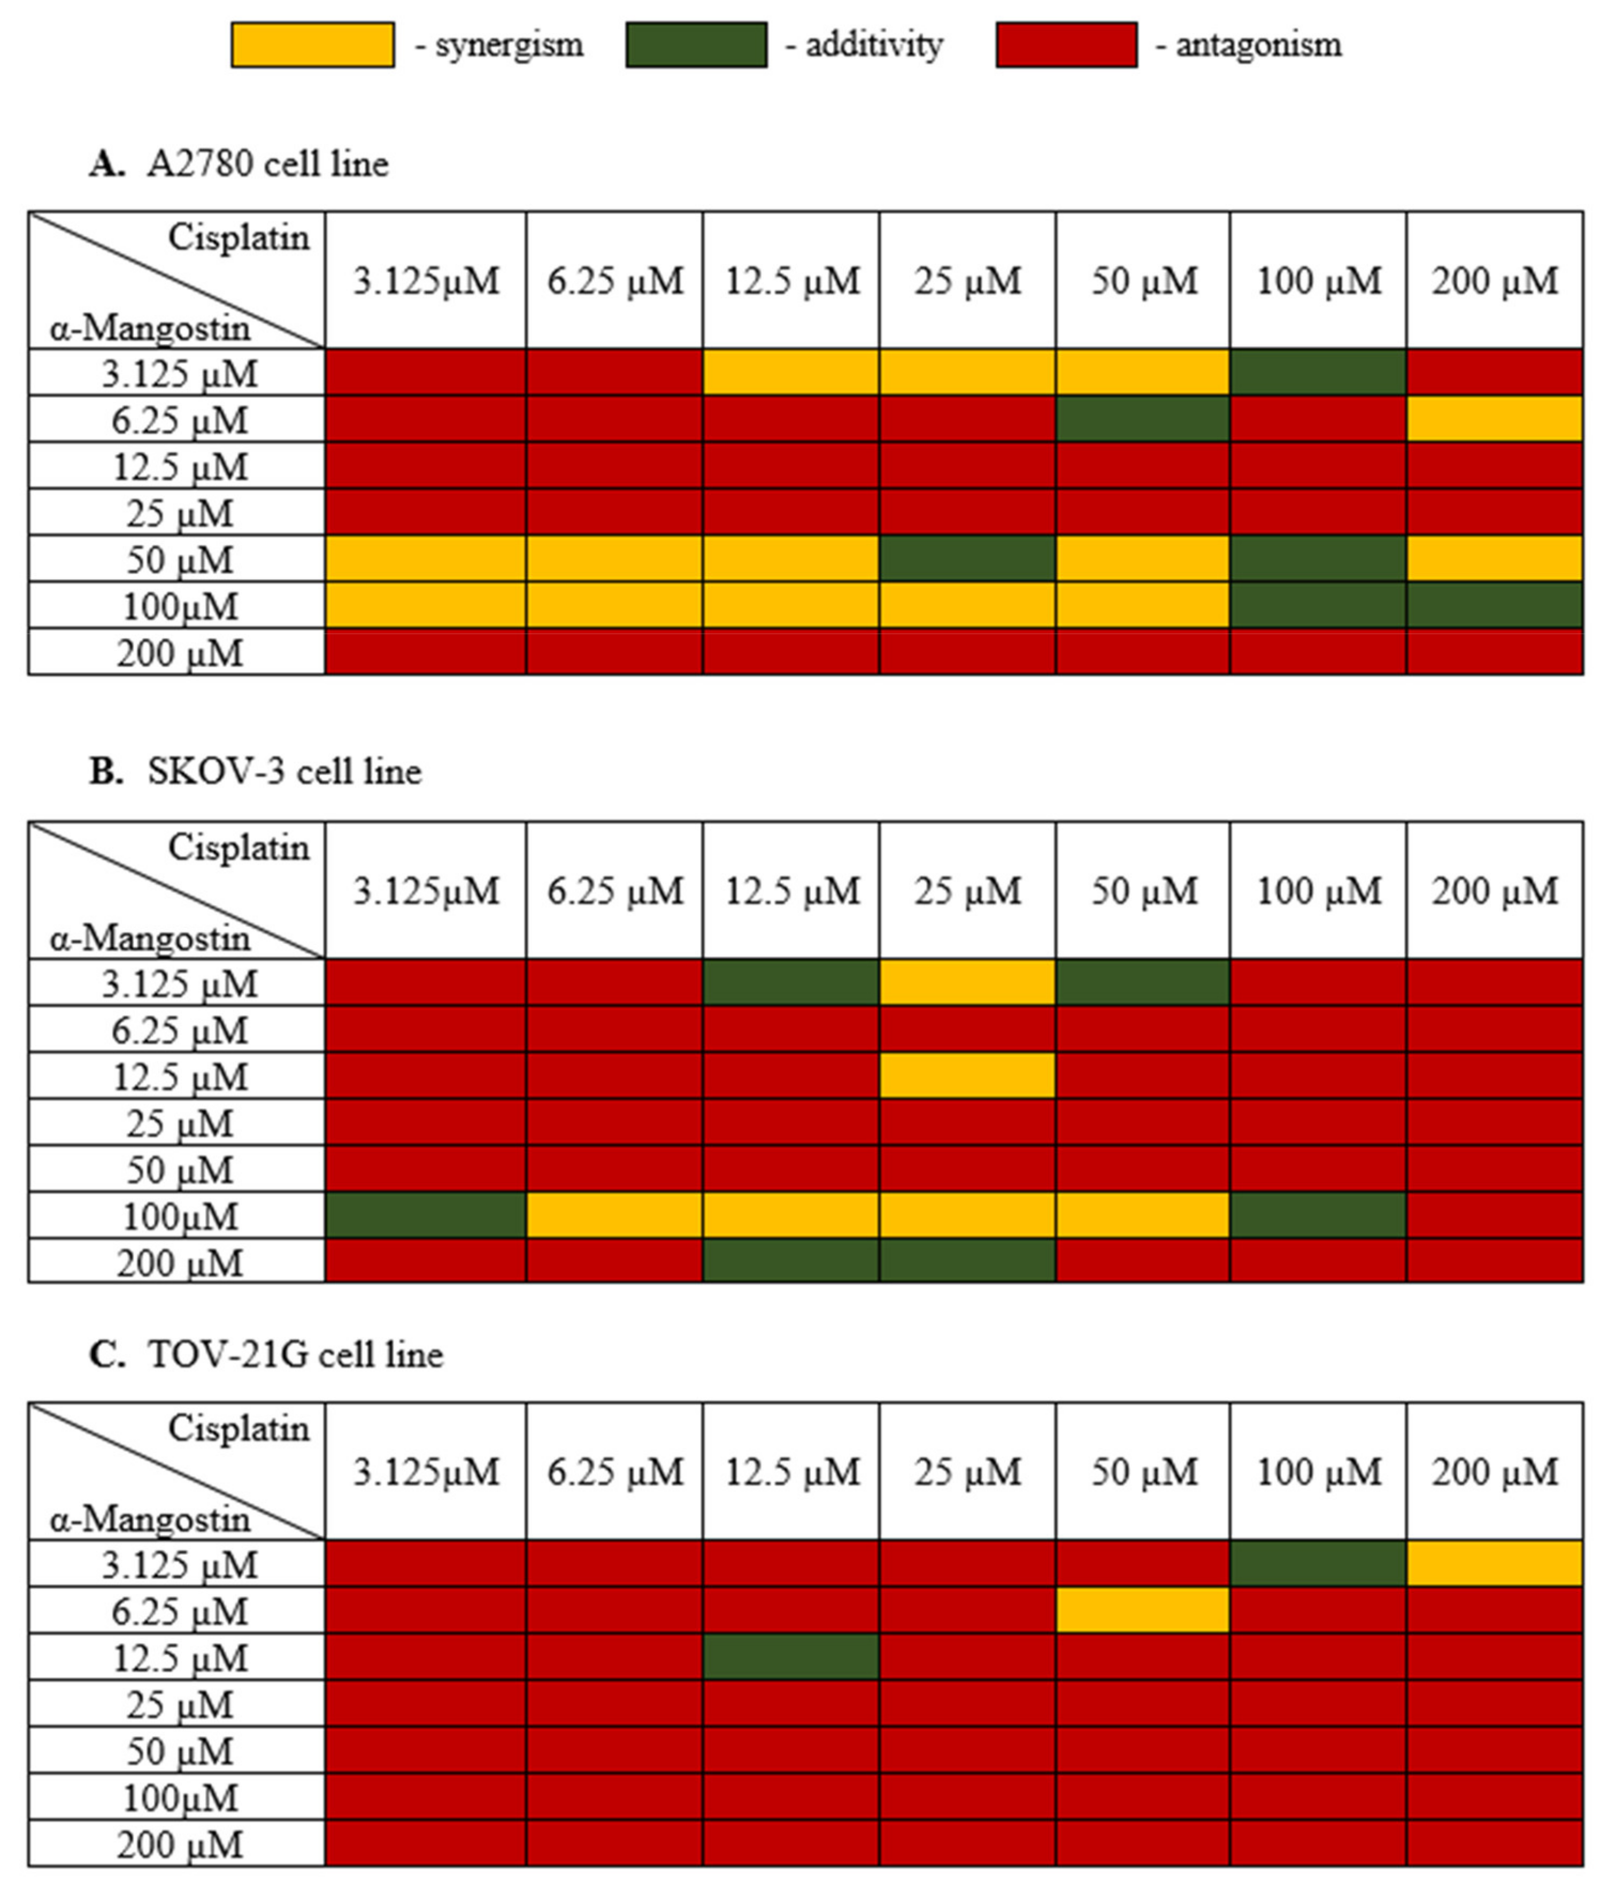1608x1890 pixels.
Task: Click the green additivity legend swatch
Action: (696, 45)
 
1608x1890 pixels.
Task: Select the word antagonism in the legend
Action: (1258, 45)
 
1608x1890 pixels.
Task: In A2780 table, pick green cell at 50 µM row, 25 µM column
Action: (967, 558)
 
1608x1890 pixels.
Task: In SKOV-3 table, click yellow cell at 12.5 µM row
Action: (967, 1075)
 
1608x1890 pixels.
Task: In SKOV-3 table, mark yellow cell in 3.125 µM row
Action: (967, 982)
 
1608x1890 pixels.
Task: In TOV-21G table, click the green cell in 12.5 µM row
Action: (790, 1657)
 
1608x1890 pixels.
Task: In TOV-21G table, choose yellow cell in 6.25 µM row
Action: (1142, 1610)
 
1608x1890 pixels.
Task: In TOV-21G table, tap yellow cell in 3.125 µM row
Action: (1494, 1564)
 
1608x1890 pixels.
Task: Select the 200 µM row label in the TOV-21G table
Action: (180, 1845)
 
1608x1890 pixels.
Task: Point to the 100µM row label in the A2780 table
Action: (180, 606)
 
